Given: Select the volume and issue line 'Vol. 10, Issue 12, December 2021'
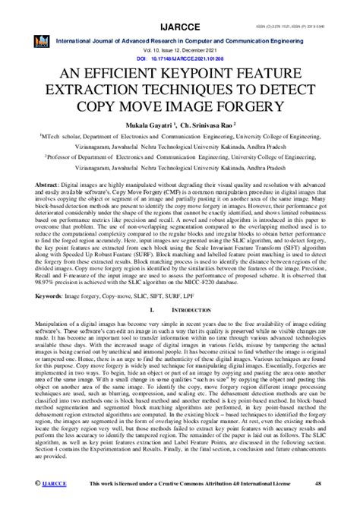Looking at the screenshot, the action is point(180,48).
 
